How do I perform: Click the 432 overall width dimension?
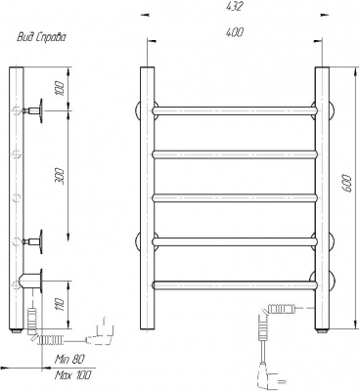234,7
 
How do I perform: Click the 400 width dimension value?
234,32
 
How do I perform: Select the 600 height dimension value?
347,184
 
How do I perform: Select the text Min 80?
69,360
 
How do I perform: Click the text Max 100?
73,375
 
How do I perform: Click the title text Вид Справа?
41,37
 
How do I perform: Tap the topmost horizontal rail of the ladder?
235,110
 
